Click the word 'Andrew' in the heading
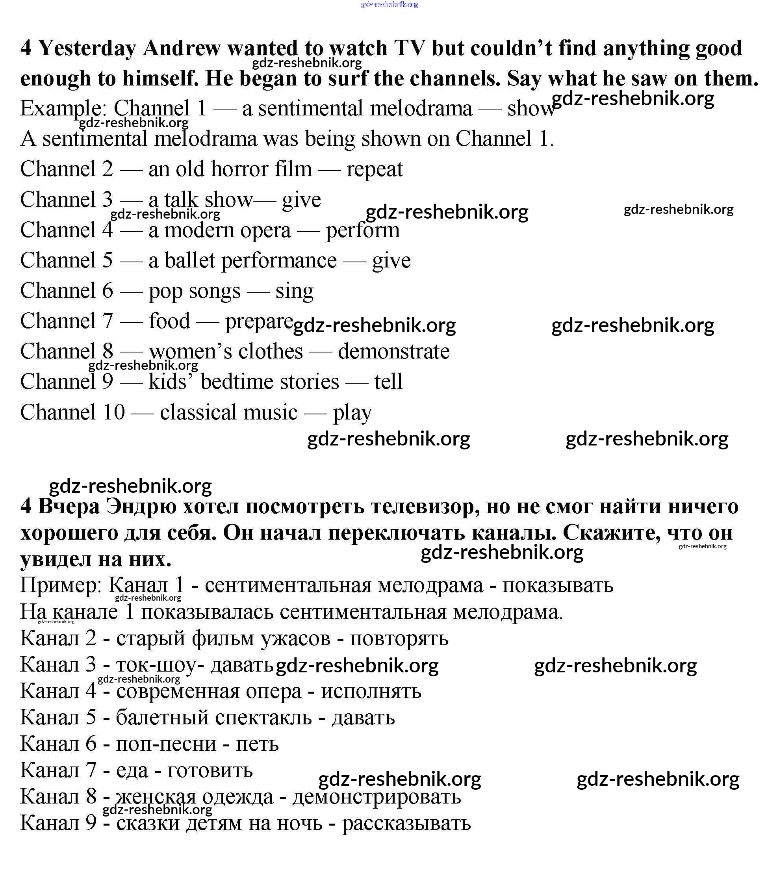pyautogui.click(x=181, y=48)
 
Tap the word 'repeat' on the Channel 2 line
pyautogui.click(x=375, y=169)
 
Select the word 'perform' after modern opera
pyautogui.click(x=362, y=230)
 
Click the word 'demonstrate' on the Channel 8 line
pyautogui.click(x=394, y=351)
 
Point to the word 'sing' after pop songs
pyautogui.click(x=294, y=291)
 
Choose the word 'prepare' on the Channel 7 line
pyautogui.click(x=259, y=321)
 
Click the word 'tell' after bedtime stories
pyautogui.click(x=388, y=382)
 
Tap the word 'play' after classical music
pyautogui.click(x=352, y=413)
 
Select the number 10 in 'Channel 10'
pyautogui.click(x=113, y=412)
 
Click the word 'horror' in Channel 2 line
pyautogui.click(x=239, y=169)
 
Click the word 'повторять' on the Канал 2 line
pyautogui.click(x=399, y=638)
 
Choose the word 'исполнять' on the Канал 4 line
pyautogui.click(x=371, y=691)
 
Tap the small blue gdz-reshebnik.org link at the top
pyautogui.click(x=389, y=5)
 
